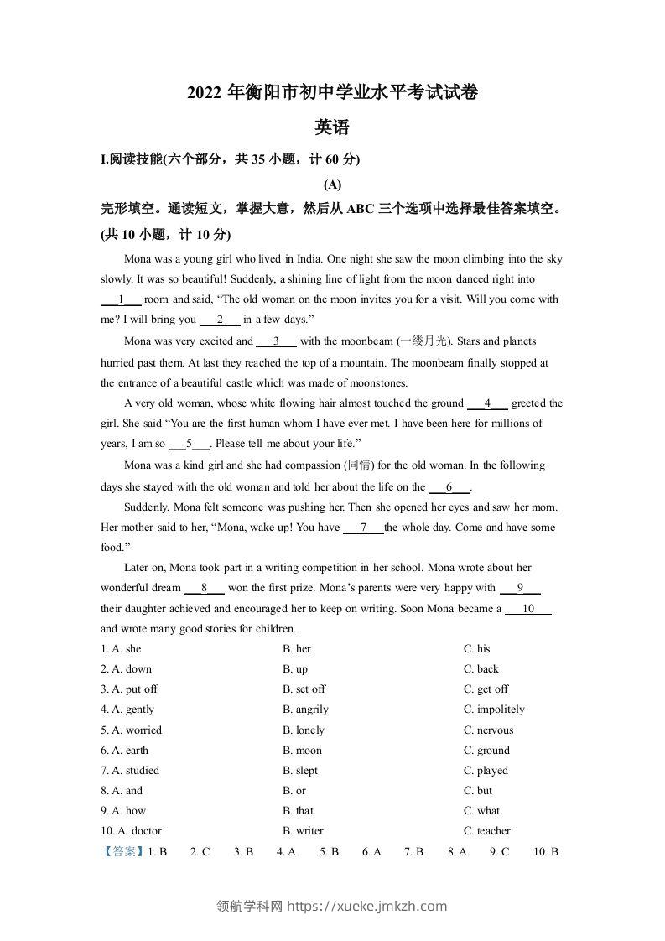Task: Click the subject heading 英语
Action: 331,128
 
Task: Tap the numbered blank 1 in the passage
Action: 122,299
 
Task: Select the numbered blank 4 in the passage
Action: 487,403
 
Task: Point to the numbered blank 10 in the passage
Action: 528,610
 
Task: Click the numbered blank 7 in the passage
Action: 364,528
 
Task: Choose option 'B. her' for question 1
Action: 297,649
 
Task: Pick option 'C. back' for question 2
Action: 481,669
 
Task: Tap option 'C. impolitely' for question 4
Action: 494,710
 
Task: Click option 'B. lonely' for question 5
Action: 304,730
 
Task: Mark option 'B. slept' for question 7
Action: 300,771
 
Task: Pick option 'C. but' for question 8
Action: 478,791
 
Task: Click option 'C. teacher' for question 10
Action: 487,831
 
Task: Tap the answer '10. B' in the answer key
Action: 546,852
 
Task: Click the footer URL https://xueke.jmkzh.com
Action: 367,906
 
